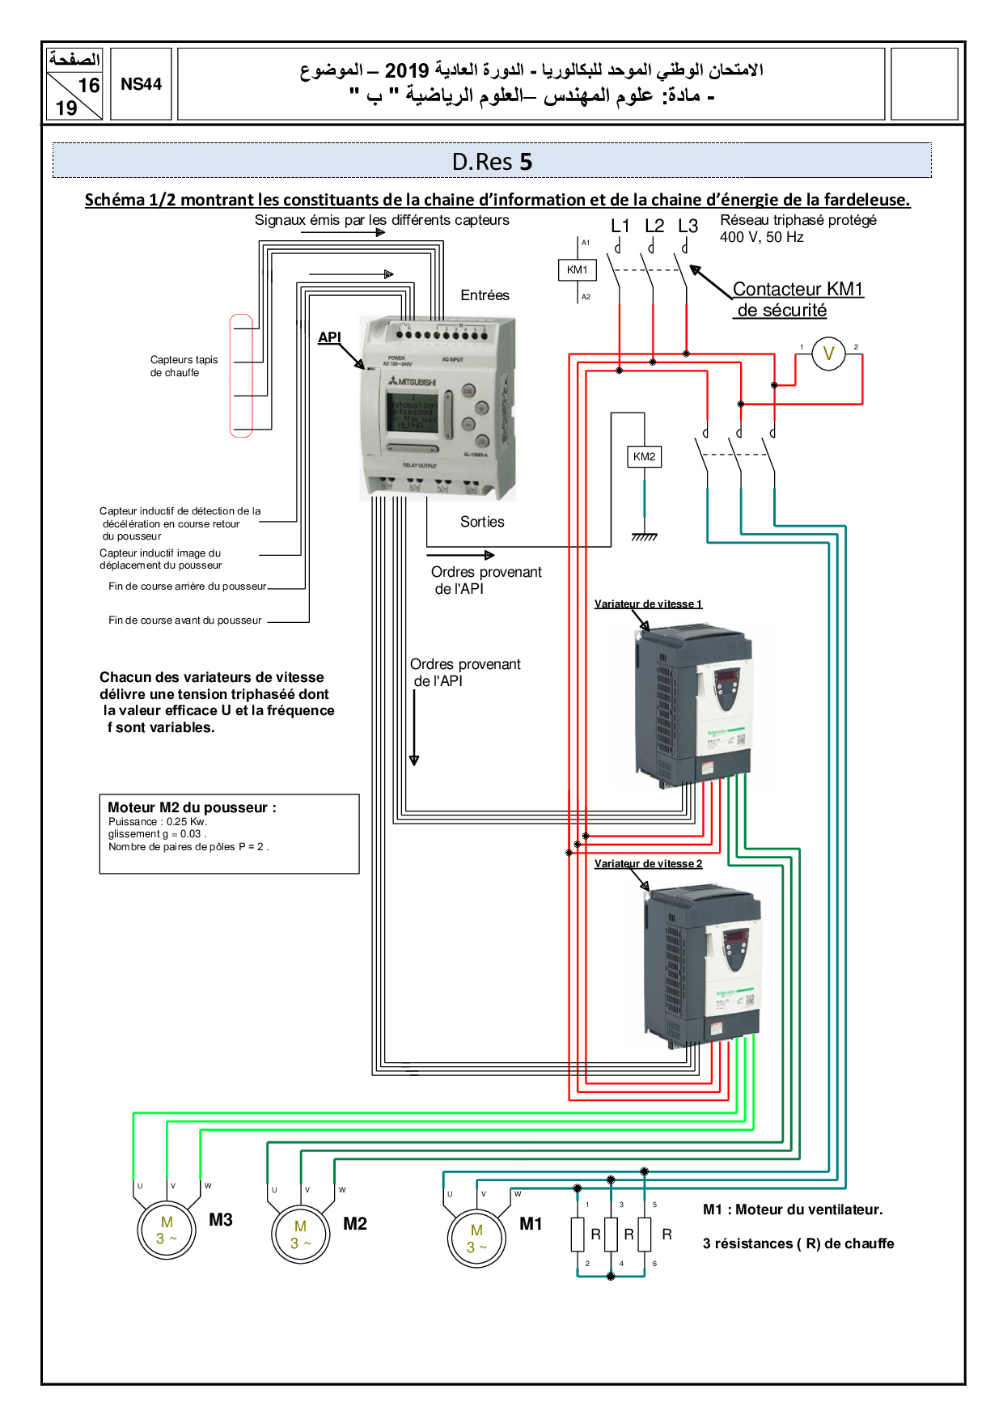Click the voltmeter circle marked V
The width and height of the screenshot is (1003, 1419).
[x=828, y=354]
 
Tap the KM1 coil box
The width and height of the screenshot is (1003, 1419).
[x=577, y=269]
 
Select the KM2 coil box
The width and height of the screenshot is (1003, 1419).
[x=644, y=457]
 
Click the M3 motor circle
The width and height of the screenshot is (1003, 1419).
[x=167, y=1231]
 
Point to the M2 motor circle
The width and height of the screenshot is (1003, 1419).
[x=301, y=1235]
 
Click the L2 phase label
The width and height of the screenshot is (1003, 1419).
[x=654, y=227]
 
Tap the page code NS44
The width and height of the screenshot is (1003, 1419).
[x=141, y=84]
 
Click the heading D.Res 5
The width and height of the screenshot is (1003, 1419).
[x=492, y=162]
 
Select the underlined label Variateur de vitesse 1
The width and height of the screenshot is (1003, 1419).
[x=648, y=604]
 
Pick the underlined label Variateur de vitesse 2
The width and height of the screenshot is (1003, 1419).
[x=648, y=864]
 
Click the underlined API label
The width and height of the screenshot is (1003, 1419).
[x=329, y=337]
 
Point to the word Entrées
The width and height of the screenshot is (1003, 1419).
[x=485, y=295]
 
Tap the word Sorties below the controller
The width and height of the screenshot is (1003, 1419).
[x=482, y=522]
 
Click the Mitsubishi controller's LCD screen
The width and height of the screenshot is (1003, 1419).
[x=413, y=413]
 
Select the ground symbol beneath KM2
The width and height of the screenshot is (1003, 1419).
[x=644, y=537]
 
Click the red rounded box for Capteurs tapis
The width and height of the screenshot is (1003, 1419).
[x=241, y=375]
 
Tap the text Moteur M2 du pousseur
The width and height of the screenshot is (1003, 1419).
[x=192, y=807]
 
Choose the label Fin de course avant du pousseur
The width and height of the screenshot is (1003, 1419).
[x=184, y=621]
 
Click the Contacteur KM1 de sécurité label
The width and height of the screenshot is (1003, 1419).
[x=797, y=299]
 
